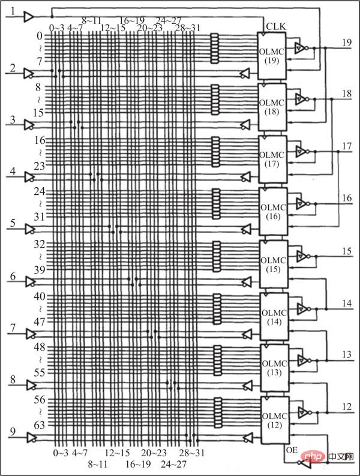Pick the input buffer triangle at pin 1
[28, 18]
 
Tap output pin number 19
[347, 42]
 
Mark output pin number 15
[347, 251]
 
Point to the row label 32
[40, 244]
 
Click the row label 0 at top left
[40, 35]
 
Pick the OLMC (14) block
[272, 315]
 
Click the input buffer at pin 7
[28, 334]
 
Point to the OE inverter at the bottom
[305, 463]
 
